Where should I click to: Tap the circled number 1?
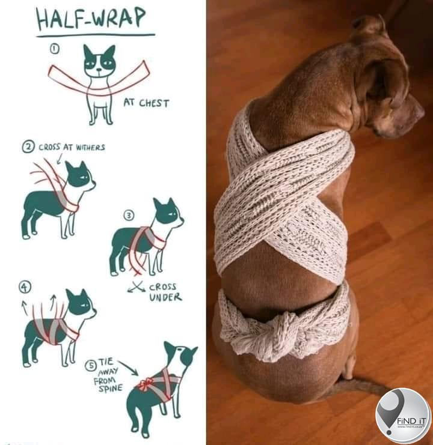[55, 49]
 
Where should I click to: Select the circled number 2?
[28, 147]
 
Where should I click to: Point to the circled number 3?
[129, 216]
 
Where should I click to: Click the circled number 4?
[25, 286]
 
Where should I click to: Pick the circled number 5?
[91, 365]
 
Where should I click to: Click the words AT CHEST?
[146, 103]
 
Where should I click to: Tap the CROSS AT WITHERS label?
[72, 147]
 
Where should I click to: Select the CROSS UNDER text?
[165, 292]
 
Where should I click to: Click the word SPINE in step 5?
[110, 388]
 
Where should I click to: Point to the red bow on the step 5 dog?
[145, 384]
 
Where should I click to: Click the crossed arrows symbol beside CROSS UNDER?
[137, 287]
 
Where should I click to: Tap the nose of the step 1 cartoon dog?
[99, 70]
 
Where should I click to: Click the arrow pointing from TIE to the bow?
[129, 368]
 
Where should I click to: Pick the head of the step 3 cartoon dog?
[167, 213]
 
